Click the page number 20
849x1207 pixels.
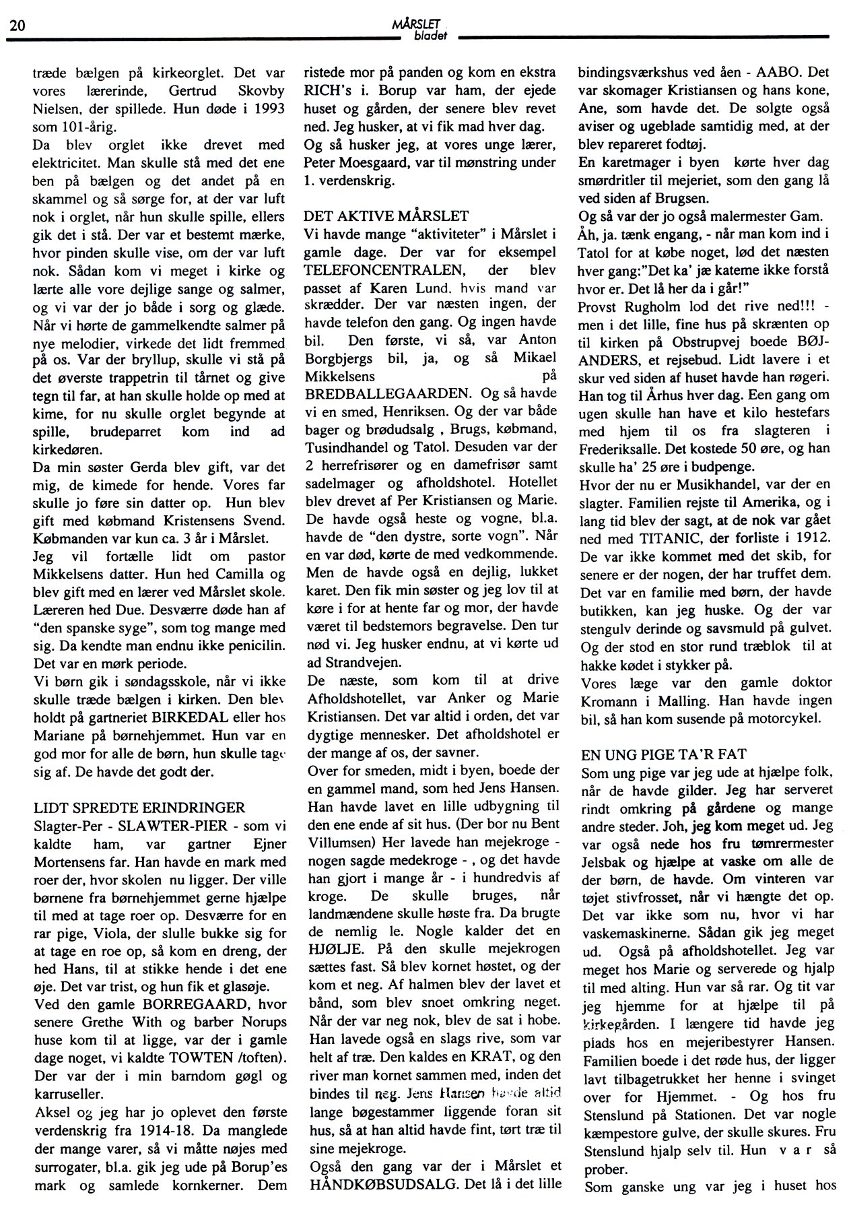pyautogui.click(x=18, y=26)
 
